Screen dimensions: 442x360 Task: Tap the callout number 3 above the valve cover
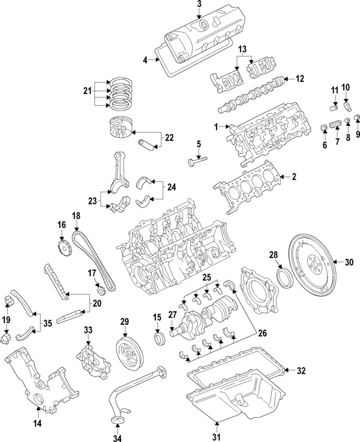pos(199,5)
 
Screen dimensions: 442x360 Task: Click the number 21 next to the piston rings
pos(86,91)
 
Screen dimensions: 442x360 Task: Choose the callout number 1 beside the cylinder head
pos(216,128)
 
